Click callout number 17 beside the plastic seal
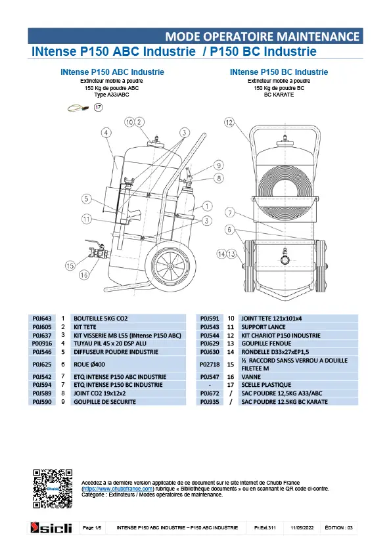[98, 107]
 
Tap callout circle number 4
[106, 133]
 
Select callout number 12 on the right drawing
[229, 122]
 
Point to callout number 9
[219, 166]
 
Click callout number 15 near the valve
[70, 265]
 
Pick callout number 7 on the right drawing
[230, 213]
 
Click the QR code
[53, 489]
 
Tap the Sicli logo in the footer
[51, 527]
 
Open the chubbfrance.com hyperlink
[118, 489]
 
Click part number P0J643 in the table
[42, 319]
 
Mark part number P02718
[210, 365]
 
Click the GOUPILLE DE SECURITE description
[104, 402]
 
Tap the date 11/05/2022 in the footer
[302, 527]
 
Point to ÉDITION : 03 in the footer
[339, 527]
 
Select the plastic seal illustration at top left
[78, 108]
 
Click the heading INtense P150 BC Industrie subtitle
[279, 72]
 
